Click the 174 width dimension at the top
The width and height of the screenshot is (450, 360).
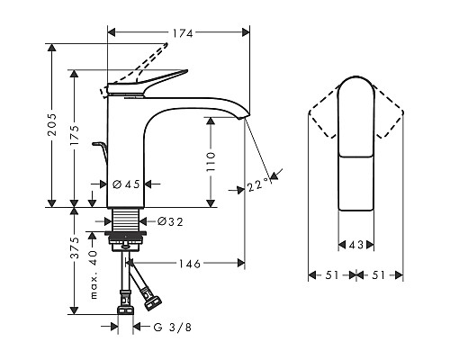point(183,33)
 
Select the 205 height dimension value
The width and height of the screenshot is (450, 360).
point(52,124)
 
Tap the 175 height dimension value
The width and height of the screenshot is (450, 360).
point(74,135)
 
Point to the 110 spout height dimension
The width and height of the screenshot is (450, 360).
point(211,162)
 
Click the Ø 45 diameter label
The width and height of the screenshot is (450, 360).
point(126,184)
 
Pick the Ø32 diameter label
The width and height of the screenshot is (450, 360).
point(170,222)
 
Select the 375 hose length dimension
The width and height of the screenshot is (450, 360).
point(74,247)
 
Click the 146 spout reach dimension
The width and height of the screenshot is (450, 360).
point(190,264)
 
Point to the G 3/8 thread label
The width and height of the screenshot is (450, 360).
point(173,327)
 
